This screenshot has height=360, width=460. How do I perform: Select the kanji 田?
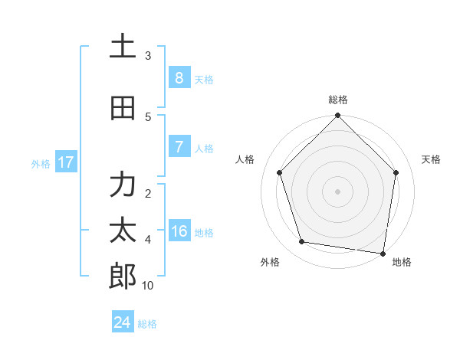[122, 108]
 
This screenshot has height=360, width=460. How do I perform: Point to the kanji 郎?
[122, 277]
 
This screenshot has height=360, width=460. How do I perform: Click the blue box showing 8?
[179, 77]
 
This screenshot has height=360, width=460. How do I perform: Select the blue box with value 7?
[179, 146]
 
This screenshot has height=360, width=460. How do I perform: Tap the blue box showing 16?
[179, 231]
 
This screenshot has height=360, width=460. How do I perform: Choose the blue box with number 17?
[65, 162]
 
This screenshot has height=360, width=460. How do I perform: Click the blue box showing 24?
[122, 322]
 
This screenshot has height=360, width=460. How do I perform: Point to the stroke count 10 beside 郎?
[148, 286]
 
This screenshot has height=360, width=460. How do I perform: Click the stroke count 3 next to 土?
[148, 56]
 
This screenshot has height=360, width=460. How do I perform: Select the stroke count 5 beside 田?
[148, 117]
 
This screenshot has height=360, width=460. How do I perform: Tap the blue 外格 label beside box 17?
[41, 163]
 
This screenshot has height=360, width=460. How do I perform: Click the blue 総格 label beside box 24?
[147, 324]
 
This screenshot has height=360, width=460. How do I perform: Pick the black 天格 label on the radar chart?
[431, 159]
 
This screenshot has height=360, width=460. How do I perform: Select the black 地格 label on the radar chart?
[402, 262]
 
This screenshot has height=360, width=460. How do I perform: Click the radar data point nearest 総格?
[337, 116]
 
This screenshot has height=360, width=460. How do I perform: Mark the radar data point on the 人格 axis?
[280, 172]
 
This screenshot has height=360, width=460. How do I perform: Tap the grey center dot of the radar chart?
[337, 191]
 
